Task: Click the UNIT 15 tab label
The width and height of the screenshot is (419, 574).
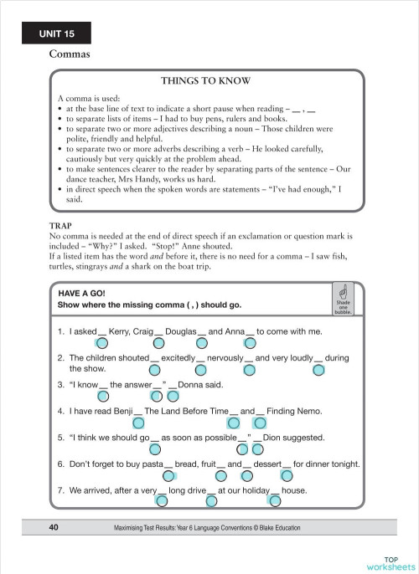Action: (57, 33)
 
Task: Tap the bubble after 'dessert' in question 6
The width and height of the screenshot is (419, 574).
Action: (287, 475)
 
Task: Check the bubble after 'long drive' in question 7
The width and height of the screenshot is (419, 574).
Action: (211, 501)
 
